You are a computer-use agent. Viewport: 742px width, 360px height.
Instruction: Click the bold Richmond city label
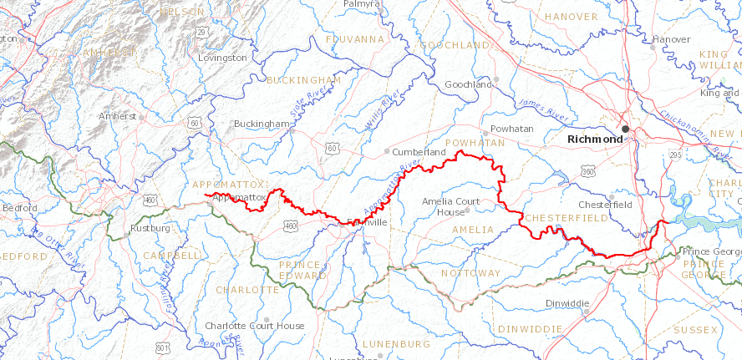tap(594, 139)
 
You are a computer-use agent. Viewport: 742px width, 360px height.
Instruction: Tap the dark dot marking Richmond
tap(624, 129)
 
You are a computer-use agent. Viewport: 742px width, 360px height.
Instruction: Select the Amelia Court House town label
tap(451, 206)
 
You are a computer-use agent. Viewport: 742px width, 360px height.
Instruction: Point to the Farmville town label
tap(366, 222)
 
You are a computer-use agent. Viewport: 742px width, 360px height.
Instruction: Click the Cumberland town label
tap(419, 152)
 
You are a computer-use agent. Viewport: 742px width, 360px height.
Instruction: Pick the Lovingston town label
tap(223, 58)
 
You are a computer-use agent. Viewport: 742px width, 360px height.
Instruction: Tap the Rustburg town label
tap(150, 227)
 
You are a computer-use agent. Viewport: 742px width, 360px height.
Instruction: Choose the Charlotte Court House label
tap(255, 326)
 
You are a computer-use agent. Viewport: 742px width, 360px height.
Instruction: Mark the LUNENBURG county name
tap(396, 343)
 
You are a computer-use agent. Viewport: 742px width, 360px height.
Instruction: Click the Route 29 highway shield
tap(201, 31)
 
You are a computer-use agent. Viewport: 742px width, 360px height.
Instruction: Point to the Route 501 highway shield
tap(162, 347)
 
